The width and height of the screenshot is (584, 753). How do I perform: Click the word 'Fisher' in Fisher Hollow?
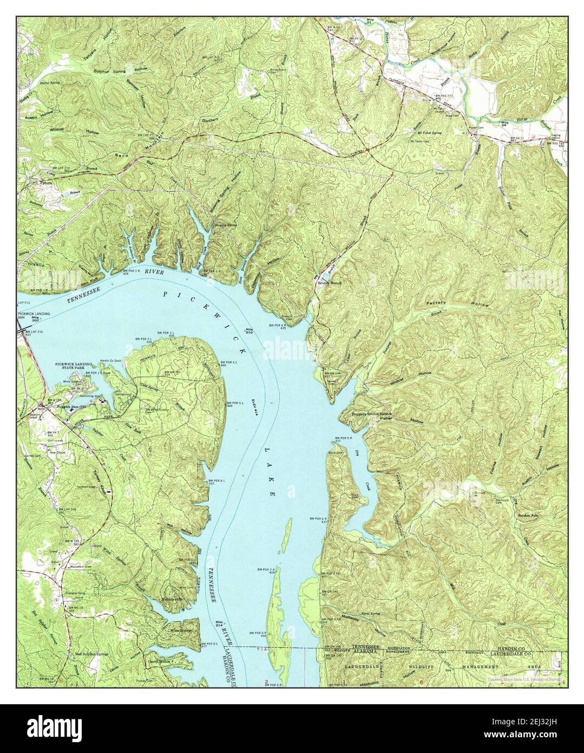point(385,418)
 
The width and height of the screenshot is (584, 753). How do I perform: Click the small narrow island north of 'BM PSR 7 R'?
point(288,534)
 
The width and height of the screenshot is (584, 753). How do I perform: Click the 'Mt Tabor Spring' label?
point(429,133)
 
